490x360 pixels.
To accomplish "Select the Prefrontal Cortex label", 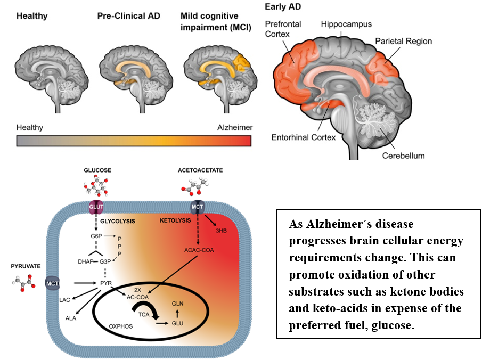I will click(x=283, y=28).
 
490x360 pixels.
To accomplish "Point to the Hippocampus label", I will click(x=346, y=24).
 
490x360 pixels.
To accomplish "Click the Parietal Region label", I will click(x=403, y=41).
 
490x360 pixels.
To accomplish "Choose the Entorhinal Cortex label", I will click(x=304, y=137).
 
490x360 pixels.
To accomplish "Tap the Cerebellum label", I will click(x=403, y=156).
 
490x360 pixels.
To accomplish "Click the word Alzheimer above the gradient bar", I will click(x=235, y=127).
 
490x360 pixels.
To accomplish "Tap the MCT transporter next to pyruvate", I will click(x=52, y=283).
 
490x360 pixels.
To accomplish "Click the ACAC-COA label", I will click(x=199, y=250).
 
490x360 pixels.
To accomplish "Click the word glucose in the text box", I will click(x=385, y=325).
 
